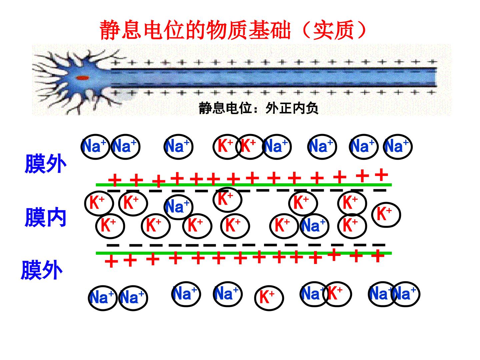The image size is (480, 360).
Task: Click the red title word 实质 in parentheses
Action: point(333,30)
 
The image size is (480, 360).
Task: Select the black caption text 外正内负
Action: point(292,108)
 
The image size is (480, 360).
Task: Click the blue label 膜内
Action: point(45,217)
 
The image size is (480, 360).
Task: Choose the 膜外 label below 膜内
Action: point(42,270)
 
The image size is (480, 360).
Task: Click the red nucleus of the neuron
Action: point(82,78)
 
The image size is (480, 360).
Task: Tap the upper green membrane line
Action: point(244,185)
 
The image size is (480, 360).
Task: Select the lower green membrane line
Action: point(244,253)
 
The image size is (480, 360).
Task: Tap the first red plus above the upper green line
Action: point(115,180)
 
